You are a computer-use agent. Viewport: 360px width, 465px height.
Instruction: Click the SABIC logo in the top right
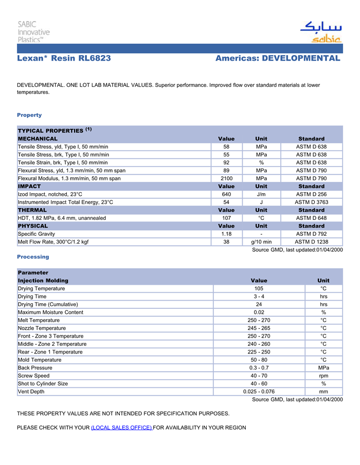[321, 32]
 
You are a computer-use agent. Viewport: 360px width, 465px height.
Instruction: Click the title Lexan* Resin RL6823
[64, 58]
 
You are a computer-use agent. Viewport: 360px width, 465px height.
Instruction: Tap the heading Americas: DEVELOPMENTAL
[278, 58]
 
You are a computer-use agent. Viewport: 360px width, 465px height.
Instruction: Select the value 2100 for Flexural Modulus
[226, 178]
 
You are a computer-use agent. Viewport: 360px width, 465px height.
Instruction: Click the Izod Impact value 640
[226, 194]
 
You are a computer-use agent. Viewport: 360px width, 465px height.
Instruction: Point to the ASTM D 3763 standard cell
[311, 202]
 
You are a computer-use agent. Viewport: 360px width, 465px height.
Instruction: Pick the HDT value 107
[226, 218]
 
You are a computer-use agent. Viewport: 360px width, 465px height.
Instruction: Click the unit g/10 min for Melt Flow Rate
[261, 242]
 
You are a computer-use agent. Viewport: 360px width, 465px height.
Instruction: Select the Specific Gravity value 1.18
[226, 234]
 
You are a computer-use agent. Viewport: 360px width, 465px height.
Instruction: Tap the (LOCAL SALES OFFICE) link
[121, 427]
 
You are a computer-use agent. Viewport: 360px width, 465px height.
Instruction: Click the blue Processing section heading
[33, 256]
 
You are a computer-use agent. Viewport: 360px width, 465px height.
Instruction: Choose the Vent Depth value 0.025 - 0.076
[259, 392]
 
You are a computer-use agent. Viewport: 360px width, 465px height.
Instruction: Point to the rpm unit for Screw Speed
[323, 376]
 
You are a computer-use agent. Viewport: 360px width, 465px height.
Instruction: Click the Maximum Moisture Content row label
[50, 312]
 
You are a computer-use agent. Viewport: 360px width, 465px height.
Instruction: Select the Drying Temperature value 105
[259, 289]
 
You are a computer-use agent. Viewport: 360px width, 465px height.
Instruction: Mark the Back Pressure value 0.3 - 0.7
[259, 368]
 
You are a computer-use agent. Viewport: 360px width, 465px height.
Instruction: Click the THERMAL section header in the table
[32, 210]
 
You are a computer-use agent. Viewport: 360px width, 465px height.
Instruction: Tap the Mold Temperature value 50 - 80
[259, 360]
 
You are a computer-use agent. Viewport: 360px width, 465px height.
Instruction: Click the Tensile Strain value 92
[226, 162]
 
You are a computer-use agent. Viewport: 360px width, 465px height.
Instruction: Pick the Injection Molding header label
[43, 281]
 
